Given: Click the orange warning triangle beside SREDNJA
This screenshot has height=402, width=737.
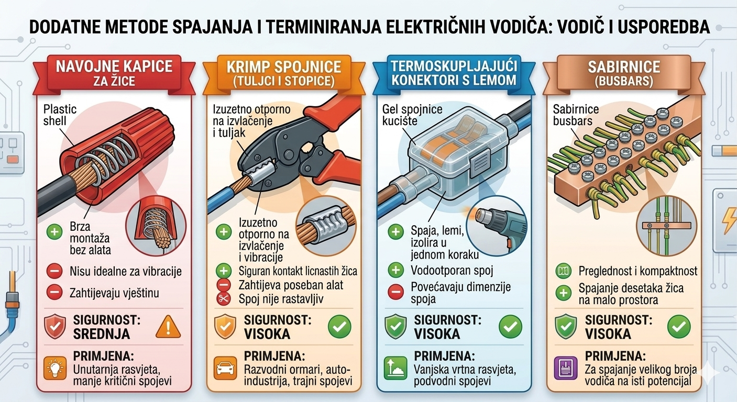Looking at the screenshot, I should pyautogui.click(x=168, y=328).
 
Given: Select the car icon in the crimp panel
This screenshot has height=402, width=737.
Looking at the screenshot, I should pyautogui.click(x=225, y=368).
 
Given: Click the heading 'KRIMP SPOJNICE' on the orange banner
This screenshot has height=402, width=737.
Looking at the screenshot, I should pyautogui.click(x=284, y=67).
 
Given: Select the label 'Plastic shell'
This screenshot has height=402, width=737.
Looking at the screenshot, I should pyautogui.click(x=59, y=115).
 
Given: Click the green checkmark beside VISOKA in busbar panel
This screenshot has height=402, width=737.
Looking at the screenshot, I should pyautogui.click(x=678, y=328).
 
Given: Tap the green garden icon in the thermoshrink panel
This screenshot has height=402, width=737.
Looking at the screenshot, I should pyautogui.click(x=395, y=368).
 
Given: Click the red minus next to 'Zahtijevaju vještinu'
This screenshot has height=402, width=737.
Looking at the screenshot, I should pyautogui.click(x=54, y=292).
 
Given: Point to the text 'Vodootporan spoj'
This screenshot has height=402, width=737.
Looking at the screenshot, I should pyautogui.click(x=452, y=271).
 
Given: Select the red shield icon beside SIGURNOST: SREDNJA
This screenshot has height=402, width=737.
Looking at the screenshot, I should pyautogui.click(x=54, y=328).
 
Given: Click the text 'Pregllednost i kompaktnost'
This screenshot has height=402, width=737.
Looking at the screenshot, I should pyautogui.click(x=637, y=271).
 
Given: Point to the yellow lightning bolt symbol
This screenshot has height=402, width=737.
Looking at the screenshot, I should pyautogui.click(x=729, y=219).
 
